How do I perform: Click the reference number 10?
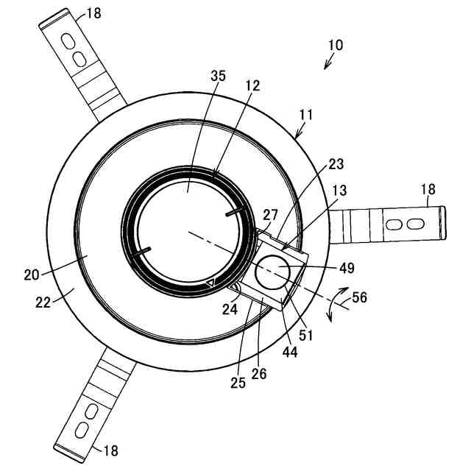click(335, 45)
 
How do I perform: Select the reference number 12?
click(252, 86)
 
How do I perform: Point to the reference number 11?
click(307, 115)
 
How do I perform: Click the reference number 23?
click(337, 164)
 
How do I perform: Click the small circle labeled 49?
click(271, 272)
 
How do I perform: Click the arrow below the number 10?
click(328, 62)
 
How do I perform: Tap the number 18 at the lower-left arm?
click(108, 450)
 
